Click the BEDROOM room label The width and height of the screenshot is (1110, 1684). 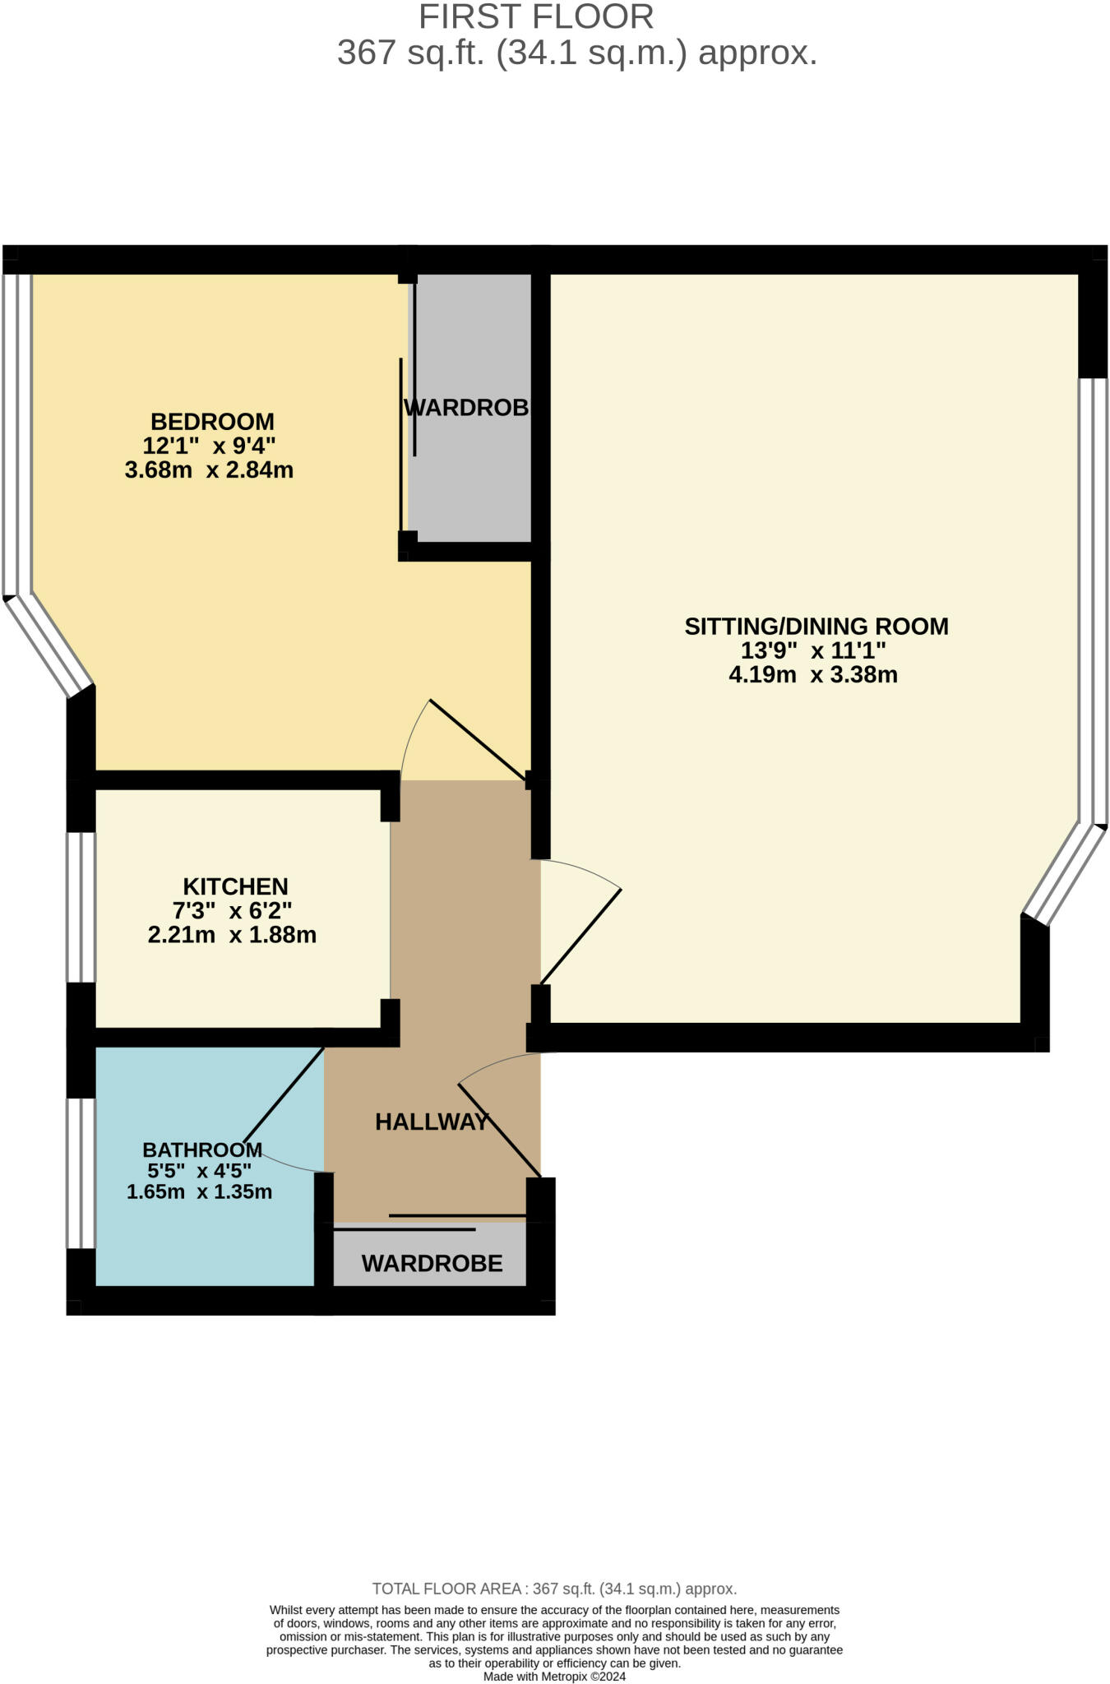point(212,422)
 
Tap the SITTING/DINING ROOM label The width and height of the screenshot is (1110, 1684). point(816,627)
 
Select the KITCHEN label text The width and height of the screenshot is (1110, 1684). point(235,886)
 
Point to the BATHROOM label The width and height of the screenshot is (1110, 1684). point(202,1150)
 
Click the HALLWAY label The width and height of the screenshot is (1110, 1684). point(432,1122)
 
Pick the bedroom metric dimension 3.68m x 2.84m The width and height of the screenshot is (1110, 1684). point(209,470)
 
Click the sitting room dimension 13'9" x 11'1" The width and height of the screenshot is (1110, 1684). point(813,650)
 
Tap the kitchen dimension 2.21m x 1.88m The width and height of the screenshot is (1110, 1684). point(232,935)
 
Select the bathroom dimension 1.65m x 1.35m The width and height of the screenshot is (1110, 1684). point(199,1191)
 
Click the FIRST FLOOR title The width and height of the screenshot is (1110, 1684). point(536,17)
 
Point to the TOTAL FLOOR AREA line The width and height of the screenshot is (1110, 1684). point(554,1589)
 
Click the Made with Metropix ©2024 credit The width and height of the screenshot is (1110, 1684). point(554,1677)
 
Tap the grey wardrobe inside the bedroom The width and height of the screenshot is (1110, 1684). point(470,408)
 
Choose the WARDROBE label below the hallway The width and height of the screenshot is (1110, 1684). point(432,1263)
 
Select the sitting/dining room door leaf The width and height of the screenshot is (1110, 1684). point(580,937)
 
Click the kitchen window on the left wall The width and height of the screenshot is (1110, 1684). point(81,908)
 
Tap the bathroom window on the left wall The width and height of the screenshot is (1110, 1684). point(81,1173)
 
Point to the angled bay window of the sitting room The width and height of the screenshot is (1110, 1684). point(1065,874)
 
